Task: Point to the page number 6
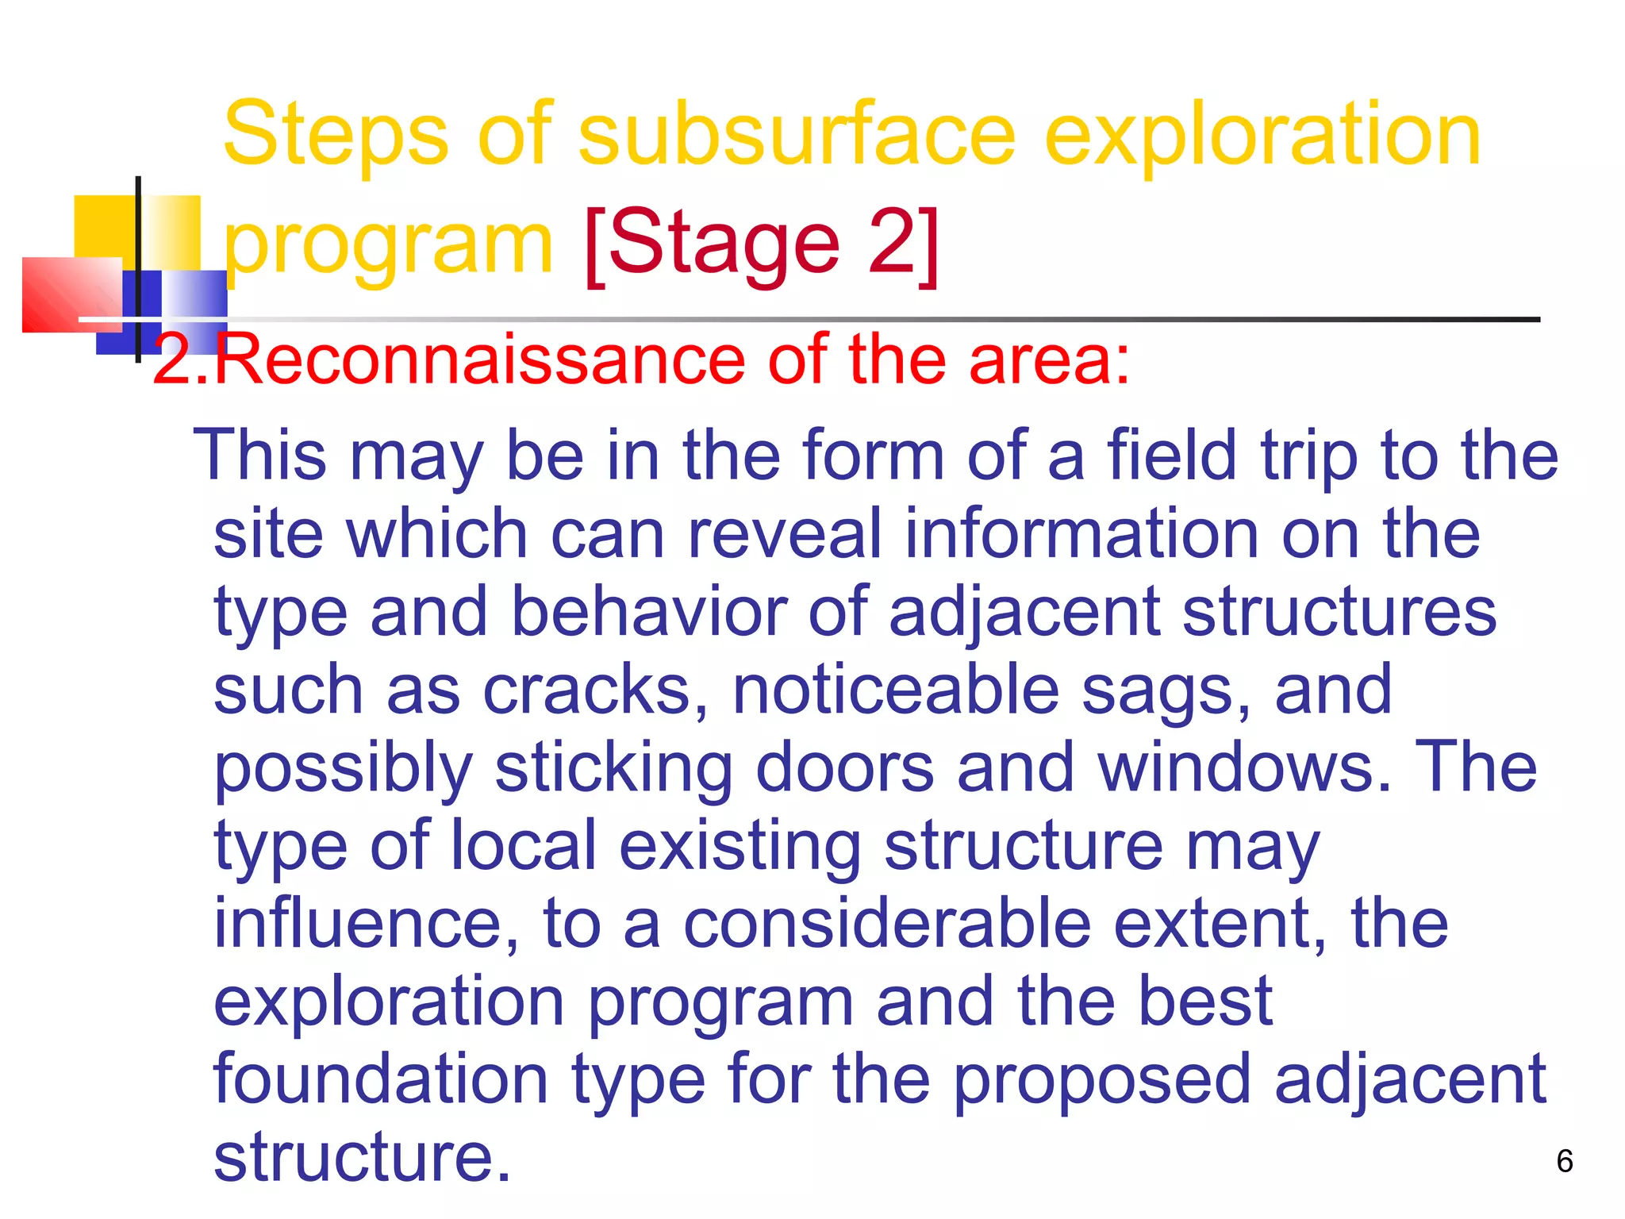click(x=1564, y=1161)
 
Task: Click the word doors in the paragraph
click(x=845, y=767)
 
